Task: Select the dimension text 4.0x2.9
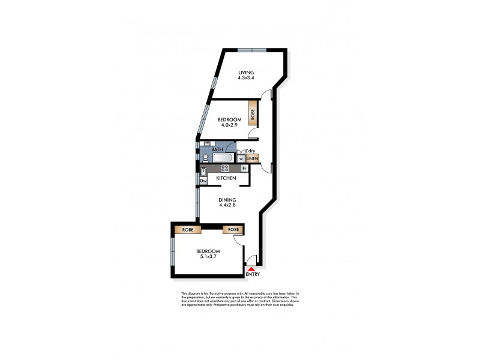tap(229, 125)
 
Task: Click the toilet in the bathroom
tap(206, 158)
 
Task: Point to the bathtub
tap(224, 158)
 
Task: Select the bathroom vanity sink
tap(207, 144)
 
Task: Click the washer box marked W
tap(241, 159)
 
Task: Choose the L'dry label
tap(250, 151)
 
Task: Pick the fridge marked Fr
tap(244, 169)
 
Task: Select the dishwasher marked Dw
tap(203, 181)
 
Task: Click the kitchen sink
tap(203, 171)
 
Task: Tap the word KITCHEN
tap(226, 179)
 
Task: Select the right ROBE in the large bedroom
tap(233, 229)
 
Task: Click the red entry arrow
tap(251, 269)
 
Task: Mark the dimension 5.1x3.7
tap(208, 257)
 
